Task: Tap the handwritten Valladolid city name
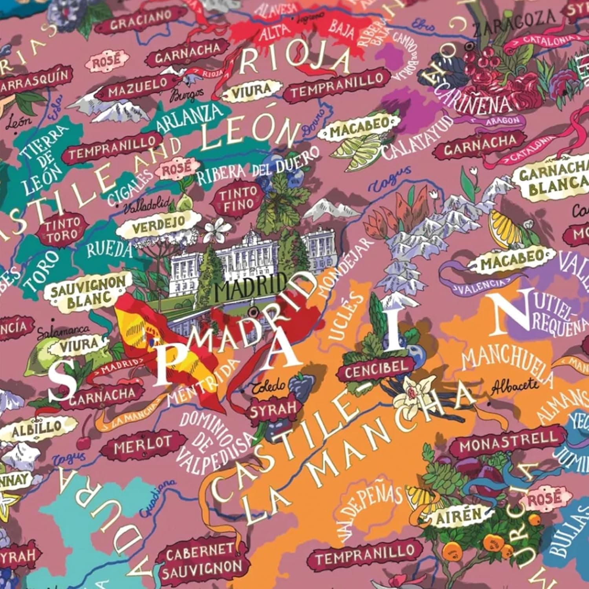[147, 205]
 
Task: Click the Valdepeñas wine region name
[368, 510]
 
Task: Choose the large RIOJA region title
[294, 59]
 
